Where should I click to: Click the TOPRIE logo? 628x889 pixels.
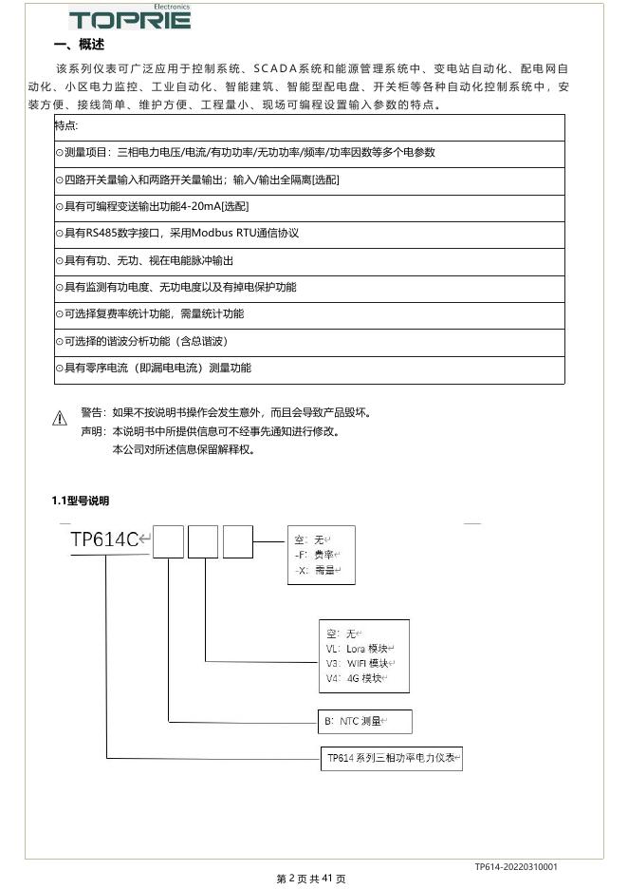(129, 18)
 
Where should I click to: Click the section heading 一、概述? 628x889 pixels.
(80, 45)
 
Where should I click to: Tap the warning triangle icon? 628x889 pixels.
(60, 417)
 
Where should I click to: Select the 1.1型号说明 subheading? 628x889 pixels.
(81, 501)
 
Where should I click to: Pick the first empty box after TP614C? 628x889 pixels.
(168, 541)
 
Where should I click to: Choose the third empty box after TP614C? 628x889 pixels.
(237, 541)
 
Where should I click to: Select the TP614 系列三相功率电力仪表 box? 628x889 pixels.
(392, 758)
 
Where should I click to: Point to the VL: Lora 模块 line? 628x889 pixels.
(360, 648)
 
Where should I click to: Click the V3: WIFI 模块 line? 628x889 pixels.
(360, 663)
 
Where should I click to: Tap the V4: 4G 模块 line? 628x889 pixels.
(357, 678)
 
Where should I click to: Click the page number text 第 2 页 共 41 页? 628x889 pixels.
(311, 879)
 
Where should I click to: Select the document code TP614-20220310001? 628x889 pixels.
(516, 866)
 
